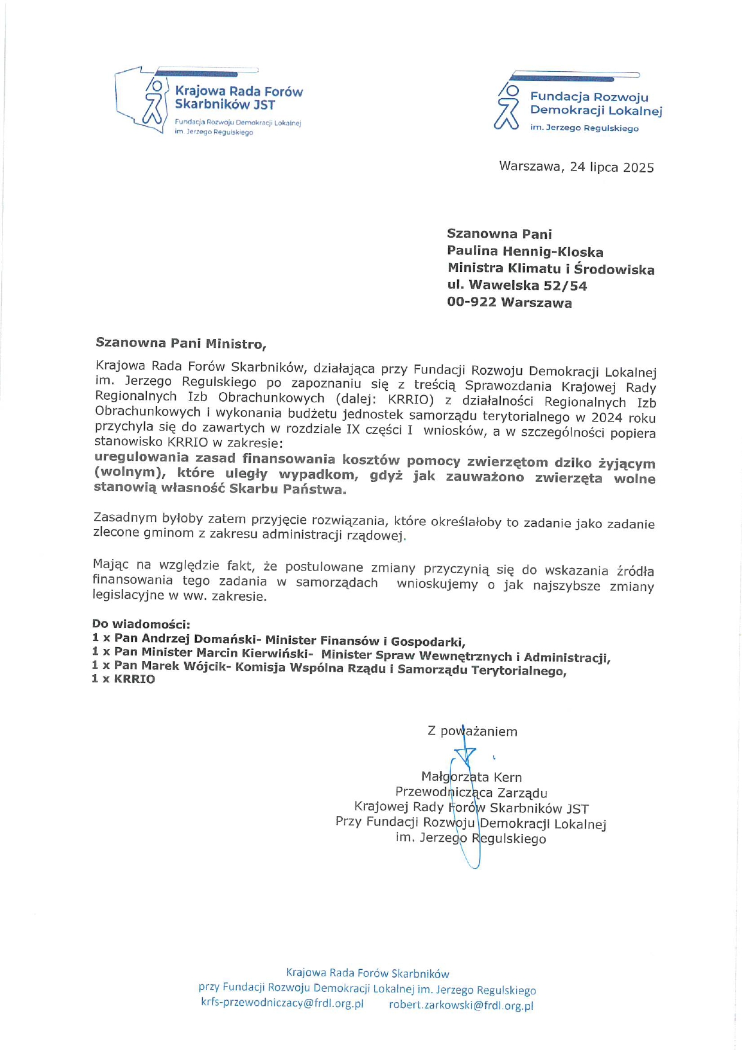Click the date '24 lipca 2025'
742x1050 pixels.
[x=612, y=167]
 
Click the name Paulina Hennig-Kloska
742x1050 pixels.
[x=525, y=252]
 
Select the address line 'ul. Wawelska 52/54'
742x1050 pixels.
[x=517, y=286]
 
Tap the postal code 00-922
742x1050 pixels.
[x=472, y=302]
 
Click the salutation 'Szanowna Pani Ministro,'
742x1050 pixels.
[x=181, y=344]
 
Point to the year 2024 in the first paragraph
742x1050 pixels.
[x=607, y=417]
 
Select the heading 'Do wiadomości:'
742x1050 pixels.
[x=141, y=624]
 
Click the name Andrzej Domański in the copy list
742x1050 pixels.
[x=188, y=639]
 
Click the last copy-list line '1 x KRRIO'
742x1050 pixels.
[x=123, y=679]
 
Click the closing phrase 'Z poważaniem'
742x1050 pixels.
[x=472, y=731]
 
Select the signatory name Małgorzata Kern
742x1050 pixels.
[x=472, y=777]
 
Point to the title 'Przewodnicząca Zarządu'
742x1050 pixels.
[x=471, y=793]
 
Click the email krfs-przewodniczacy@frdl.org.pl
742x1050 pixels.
[x=282, y=1003]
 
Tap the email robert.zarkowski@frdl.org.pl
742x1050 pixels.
[x=461, y=1005]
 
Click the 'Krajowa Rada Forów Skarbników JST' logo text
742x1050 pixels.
[x=238, y=98]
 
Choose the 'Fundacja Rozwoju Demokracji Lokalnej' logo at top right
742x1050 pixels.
[x=595, y=104]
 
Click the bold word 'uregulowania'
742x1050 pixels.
[x=141, y=457]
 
